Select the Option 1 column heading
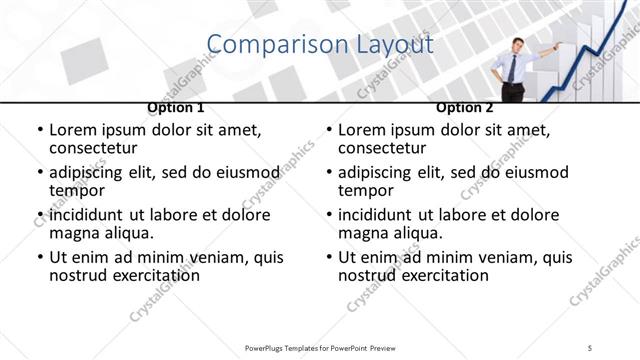click(176, 108)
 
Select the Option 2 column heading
click(464, 108)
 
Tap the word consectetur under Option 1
click(96, 148)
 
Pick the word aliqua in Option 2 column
click(417, 233)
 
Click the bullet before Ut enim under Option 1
click(39, 257)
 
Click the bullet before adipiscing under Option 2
click(328, 172)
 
